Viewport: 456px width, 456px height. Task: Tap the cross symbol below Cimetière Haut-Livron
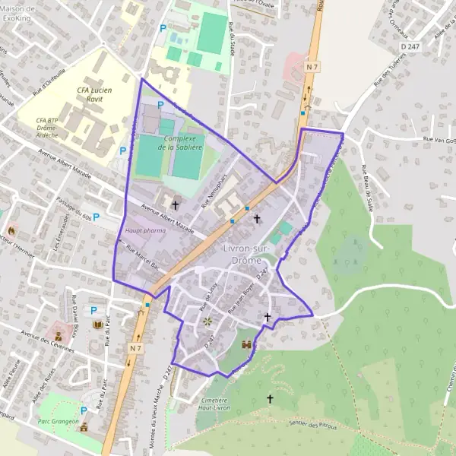(x=270, y=398)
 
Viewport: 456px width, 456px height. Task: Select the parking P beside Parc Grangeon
(x=84, y=410)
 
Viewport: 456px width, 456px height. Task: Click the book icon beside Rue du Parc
(x=97, y=325)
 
